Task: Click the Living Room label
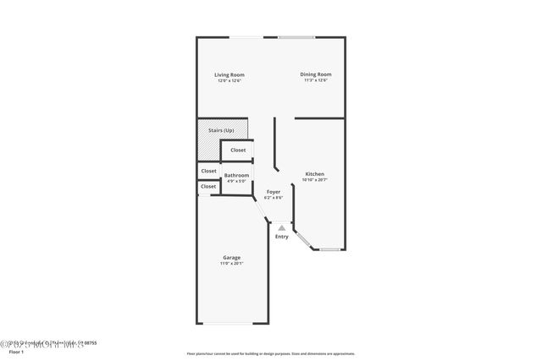click(230, 75)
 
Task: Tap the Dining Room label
click(315, 74)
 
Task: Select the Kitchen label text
click(314, 174)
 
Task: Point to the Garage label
click(231, 257)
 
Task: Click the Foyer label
click(274, 192)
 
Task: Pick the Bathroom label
click(236, 175)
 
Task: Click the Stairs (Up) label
click(221, 130)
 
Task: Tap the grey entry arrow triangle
click(281, 227)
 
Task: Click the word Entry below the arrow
click(281, 237)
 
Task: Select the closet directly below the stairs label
click(238, 150)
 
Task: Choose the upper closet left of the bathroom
click(208, 171)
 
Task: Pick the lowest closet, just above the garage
click(208, 186)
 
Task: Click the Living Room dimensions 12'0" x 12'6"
click(230, 81)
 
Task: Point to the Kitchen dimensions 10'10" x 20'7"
click(315, 180)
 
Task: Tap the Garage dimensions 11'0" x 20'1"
click(231, 263)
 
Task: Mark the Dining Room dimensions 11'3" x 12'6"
click(315, 80)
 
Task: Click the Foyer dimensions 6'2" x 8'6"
click(274, 198)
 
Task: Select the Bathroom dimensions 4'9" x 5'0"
click(236, 181)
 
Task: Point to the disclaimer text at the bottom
click(270, 353)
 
